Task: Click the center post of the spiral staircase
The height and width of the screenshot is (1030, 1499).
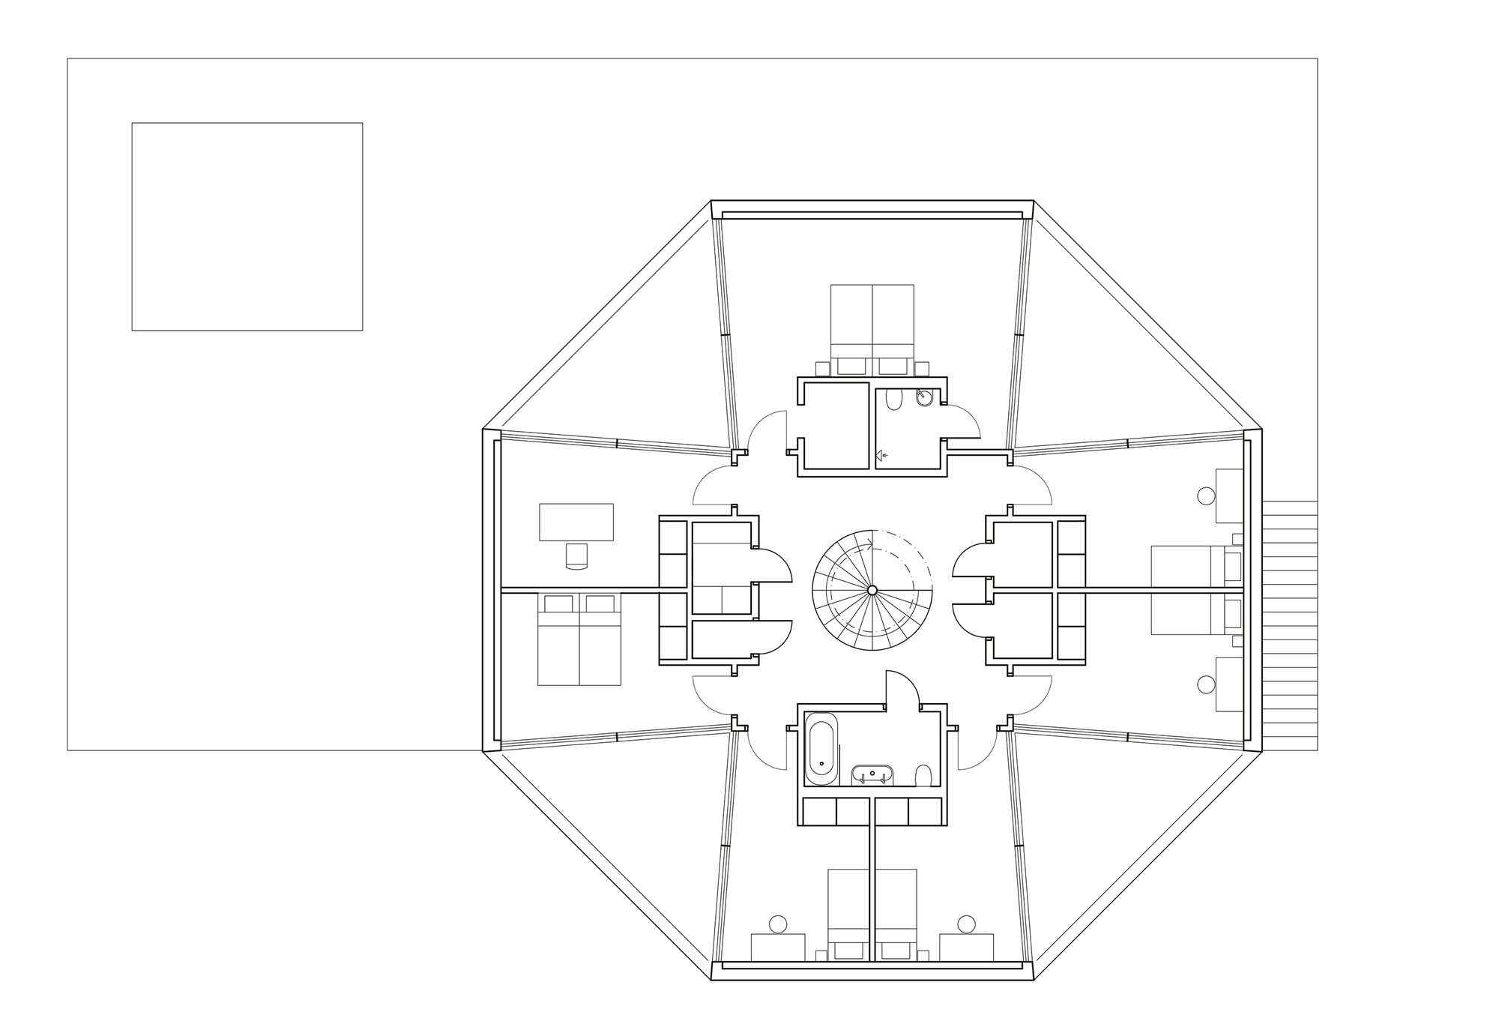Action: (x=872, y=591)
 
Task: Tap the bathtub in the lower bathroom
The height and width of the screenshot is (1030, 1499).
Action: (x=821, y=747)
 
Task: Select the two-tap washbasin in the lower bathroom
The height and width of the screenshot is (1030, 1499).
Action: (x=872, y=774)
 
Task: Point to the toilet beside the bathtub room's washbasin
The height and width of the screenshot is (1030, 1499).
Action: (x=924, y=774)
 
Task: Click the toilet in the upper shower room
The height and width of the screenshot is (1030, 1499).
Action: (x=893, y=402)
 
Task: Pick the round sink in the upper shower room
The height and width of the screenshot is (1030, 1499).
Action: (x=925, y=398)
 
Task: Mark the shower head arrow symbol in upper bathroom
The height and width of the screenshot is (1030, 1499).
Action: (x=881, y=454)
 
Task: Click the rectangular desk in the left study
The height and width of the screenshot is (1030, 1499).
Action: (x=576, y=522)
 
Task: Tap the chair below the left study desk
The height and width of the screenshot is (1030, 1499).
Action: (x=577, y=555)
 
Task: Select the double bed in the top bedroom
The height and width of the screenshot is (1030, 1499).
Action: (x=872, y=324)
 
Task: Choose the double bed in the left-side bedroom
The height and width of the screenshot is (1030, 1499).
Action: (x=579, y=639)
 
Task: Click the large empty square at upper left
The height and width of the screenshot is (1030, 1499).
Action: (x=247, y=226)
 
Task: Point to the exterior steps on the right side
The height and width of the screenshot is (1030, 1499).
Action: (x=1290, y=626)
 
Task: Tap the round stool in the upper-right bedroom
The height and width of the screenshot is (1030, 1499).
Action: (x=1206, y=496)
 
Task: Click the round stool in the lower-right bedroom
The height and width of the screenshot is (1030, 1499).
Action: (x=1206, y=684)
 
